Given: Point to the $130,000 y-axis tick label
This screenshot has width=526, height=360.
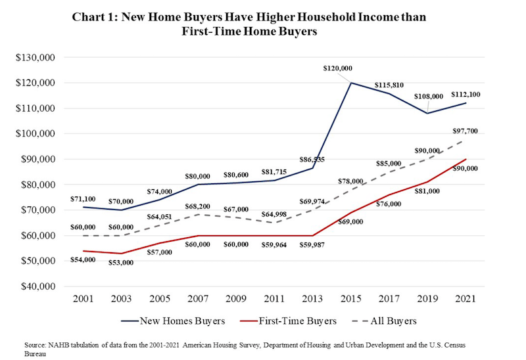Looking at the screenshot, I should [37, 58].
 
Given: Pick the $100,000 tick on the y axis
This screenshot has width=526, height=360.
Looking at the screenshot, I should [37, 134].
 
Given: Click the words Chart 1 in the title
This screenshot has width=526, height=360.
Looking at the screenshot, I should [96, 18].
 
